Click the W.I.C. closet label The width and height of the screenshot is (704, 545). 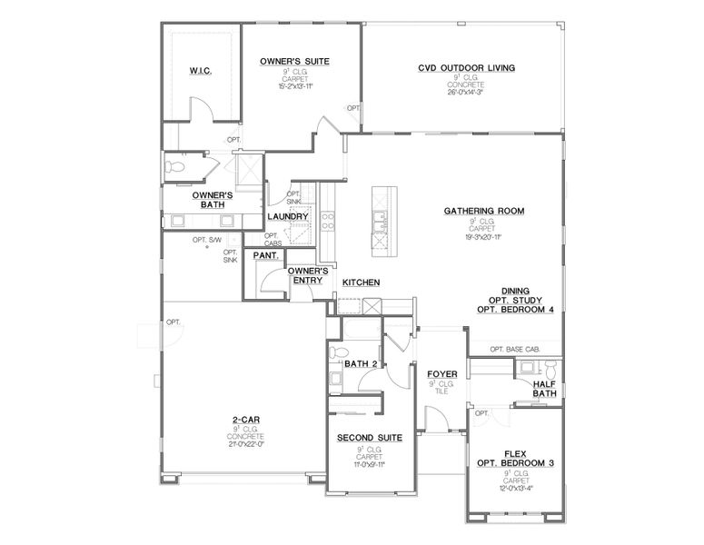201,71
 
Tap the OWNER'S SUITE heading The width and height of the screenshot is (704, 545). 294,61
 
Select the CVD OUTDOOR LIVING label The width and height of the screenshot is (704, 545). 467,67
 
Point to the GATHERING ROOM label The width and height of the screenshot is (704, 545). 484,211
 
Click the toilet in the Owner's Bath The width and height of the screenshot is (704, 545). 174,166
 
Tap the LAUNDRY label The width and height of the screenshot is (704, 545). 288,216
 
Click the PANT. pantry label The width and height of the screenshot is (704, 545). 265,255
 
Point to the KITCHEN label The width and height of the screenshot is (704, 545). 361,282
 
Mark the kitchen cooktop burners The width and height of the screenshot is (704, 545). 328,222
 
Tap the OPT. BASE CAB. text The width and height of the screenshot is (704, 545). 515,349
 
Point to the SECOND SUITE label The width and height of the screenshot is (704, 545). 369,438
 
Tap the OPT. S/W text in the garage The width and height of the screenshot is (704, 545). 207,240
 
